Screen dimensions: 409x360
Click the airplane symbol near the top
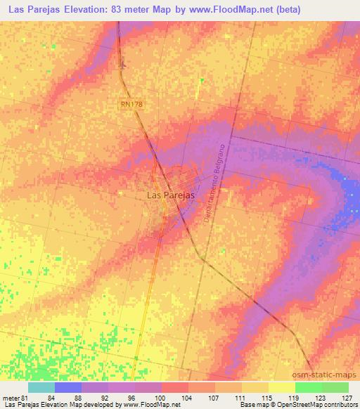[124, 65]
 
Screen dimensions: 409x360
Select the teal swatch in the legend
[41, 387]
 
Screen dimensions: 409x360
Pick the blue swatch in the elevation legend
[68, 387]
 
